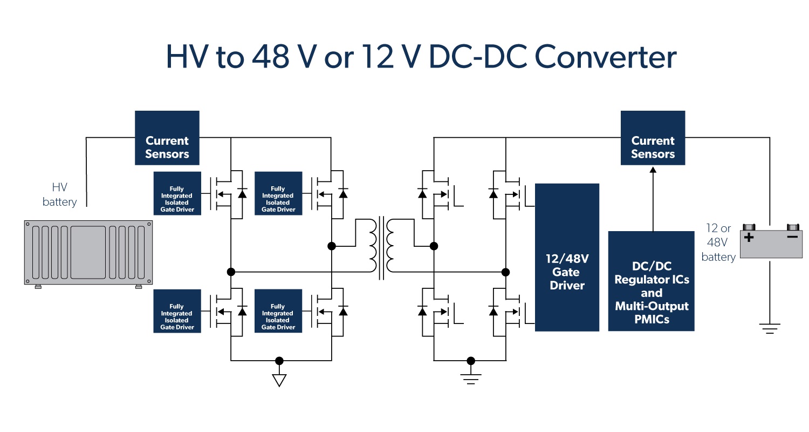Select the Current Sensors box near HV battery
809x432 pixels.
click(x=167, y=138)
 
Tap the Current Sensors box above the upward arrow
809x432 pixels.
click(x=653, y=138)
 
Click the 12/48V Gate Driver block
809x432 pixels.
click(x=567, y=257)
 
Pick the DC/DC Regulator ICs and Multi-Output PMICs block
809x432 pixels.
click(x=651, y=281)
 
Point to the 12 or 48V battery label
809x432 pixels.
click(x=718, y=243)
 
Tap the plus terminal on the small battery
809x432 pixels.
click(x=749, y=237)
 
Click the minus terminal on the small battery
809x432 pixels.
click(x=792, y=237)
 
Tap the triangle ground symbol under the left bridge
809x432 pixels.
click(x=279, y=380)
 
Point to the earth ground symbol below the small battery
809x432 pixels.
click(x=770, y=327)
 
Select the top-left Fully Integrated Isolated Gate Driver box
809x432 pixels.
click(x=177, y=193)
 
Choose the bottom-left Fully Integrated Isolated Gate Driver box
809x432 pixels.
click(x=177, y=310)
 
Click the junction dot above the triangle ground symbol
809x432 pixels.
click(x=279, y=360)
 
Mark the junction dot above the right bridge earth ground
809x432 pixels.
click(x=471, y=360)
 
